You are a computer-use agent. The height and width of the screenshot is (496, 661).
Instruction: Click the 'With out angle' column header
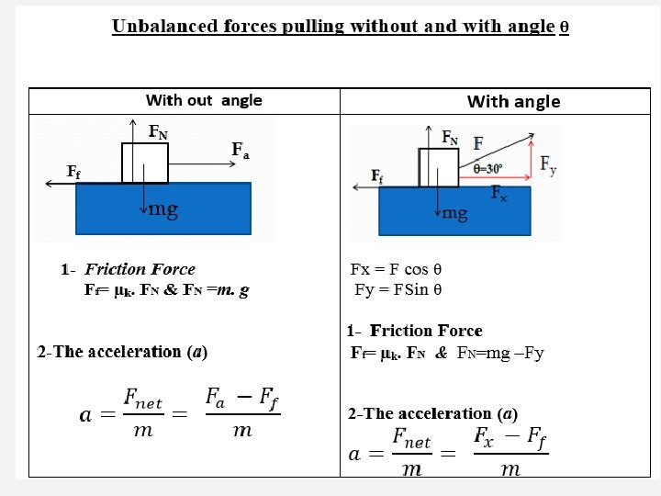204,100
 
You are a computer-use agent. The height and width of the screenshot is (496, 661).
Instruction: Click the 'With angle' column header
513,101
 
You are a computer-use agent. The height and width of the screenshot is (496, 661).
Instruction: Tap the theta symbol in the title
564,27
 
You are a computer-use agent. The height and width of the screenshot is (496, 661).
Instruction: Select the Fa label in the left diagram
241,150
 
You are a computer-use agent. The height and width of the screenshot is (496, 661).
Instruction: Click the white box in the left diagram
145,163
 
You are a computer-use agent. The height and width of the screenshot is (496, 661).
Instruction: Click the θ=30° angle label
495,169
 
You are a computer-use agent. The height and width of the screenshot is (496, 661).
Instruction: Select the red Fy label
547,164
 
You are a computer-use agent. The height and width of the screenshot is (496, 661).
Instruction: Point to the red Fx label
499,193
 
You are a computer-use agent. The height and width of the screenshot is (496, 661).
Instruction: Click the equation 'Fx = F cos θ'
397,269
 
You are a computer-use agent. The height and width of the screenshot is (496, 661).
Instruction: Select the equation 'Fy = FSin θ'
398,289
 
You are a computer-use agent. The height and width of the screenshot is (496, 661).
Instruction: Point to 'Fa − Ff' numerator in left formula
241,399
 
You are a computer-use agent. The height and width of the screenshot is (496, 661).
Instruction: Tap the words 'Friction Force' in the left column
140,269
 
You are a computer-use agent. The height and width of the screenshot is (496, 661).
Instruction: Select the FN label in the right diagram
450,138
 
